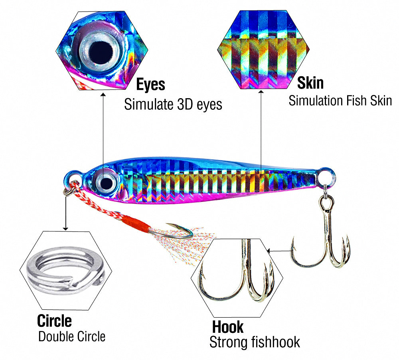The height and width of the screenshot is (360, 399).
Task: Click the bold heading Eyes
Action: click(x=151, y=85)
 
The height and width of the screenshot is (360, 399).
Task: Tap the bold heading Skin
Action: click(x=310, y=83)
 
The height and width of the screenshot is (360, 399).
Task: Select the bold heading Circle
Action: click(x=54, y=321)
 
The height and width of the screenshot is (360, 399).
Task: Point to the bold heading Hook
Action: click(x=227, y=327)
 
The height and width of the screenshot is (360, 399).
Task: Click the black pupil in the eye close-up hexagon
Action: click(x=101, y=52)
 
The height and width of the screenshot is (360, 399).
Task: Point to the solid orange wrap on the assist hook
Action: click(x=136, y=223)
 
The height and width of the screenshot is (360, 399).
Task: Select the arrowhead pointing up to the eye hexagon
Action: click(x=103, y=95)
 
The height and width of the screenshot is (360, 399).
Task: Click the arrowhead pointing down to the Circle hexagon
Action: click(x=66, y=228)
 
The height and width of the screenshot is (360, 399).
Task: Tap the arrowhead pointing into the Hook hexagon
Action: click(x=269, y=251)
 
